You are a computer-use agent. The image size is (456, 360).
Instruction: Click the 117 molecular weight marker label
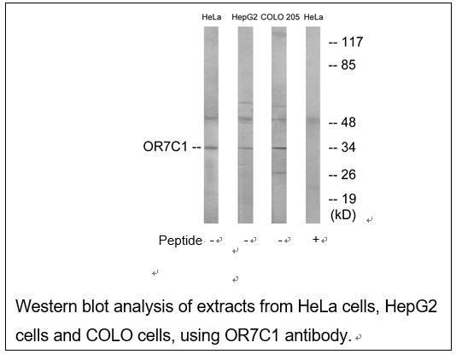[x=352, y=42]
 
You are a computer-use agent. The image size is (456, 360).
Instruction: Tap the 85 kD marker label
[x=348, y=65]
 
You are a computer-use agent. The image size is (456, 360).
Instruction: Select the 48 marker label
[x=348, y=123]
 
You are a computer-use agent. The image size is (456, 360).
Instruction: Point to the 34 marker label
[x=348, y=148]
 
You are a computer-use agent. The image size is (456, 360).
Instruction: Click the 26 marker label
[x=348, y=175]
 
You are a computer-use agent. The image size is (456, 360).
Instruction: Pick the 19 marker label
[x=348, y=200]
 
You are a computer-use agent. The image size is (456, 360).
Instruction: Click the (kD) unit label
[x=343, y=215]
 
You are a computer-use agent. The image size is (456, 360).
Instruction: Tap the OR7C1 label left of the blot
[x=165, y=147]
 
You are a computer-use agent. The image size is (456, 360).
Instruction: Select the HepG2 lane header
[x=244, y=17]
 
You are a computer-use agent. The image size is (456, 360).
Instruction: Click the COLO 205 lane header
[x=280, y=17]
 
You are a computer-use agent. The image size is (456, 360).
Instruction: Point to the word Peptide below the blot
[x=180, y=241]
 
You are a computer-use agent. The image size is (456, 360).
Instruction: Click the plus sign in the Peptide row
[x=316, y=240]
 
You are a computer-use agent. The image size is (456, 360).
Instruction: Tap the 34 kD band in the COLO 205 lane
[x=279, y=148]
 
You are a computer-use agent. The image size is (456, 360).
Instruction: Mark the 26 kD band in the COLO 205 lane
[x=279, y=173]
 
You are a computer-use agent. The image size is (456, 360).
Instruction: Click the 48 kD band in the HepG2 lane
[x=245, y=119]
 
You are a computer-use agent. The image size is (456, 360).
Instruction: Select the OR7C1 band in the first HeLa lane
[x=211, y=148]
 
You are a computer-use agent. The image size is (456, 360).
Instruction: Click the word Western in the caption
[x=46, y=306]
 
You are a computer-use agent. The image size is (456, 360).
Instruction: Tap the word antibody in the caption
[x=317, y=336]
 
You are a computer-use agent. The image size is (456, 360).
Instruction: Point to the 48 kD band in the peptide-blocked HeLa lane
[x=313, y=119]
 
